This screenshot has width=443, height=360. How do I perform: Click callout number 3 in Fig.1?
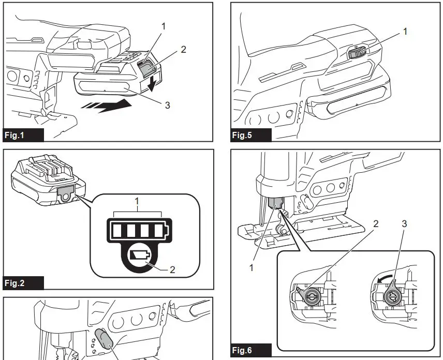167,106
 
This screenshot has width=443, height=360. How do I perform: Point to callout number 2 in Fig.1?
183,50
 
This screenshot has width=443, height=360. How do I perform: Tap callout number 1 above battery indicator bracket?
137,201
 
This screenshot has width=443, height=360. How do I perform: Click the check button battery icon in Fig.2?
139,255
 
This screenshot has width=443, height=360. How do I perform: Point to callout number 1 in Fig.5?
405,32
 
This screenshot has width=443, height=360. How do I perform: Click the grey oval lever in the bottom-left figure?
105,339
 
